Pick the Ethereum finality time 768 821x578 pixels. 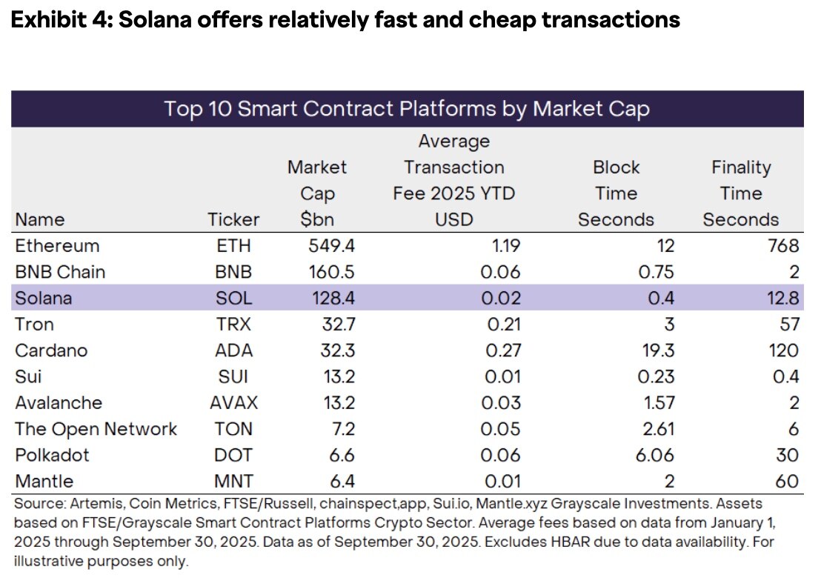pos(783,246)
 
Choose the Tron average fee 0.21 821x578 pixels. pos(502,325)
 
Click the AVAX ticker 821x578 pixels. pos(233,403)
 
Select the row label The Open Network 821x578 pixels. pos(96,429)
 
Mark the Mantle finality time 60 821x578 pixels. pos(788,482)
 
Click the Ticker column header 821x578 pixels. pos(233,219)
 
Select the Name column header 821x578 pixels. pos(39,219)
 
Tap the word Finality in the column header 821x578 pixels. pos(740,167)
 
